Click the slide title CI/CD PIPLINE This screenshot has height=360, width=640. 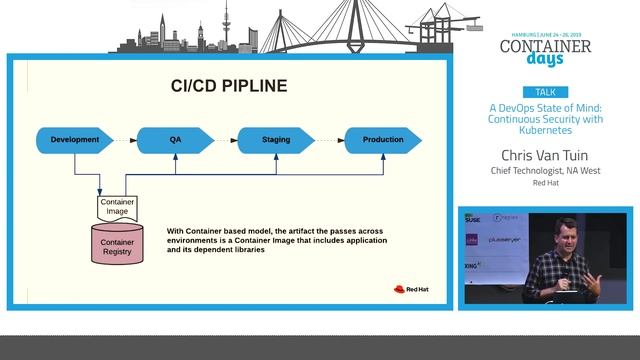pyautogui.click(x=229, y=86)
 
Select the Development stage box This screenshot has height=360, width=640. pyautogui.click(x=75, y=140)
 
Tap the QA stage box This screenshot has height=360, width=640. pyautogui.click(x=175, y=140)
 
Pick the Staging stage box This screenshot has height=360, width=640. pyautogui.click(x=275, y=140)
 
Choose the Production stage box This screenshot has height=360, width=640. pyautogui.click(x=382, y=140)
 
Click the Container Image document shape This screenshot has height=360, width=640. pyautogui.click(x=117, y=207)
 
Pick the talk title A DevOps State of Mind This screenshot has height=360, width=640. pyautogui.click(x=545, y=107)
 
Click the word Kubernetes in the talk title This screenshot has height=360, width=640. pyautogui.click(x=545, y=131)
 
